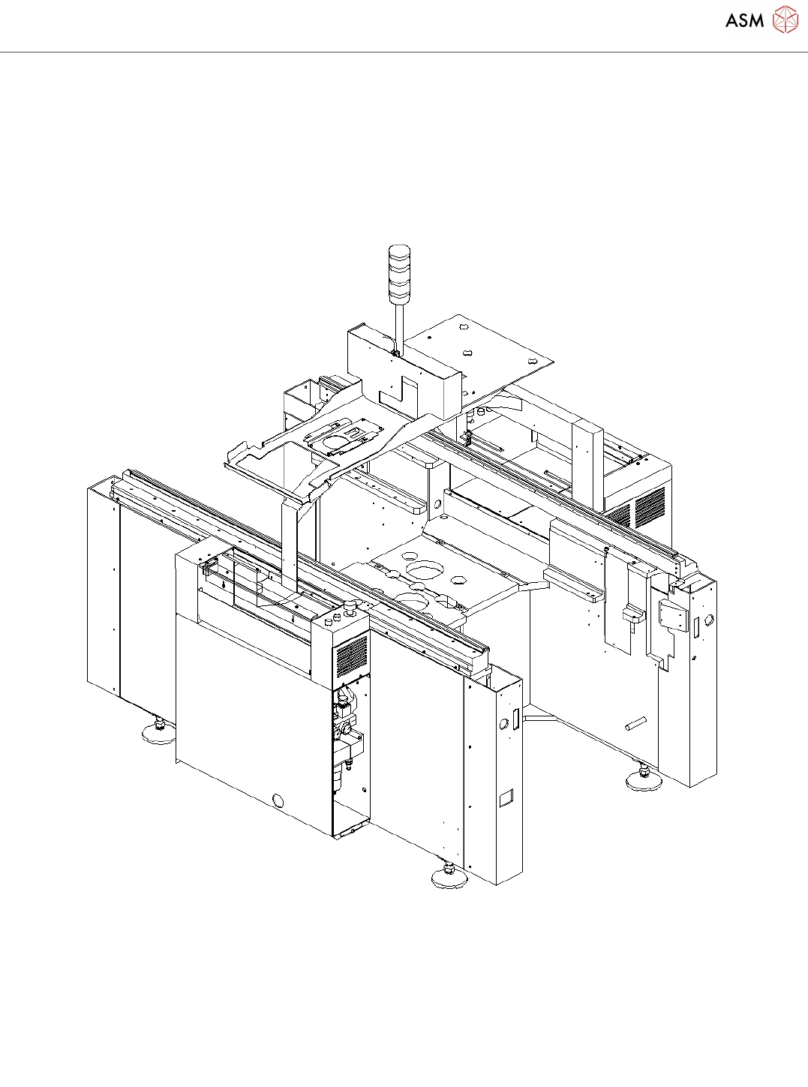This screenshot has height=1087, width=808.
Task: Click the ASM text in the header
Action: (x=744, y=20)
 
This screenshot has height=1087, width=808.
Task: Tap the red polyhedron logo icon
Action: (x=785, y=20)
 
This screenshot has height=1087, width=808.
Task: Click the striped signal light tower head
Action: (x=399, y=274)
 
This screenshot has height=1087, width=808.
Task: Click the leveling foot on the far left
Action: (x=158, y=732)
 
